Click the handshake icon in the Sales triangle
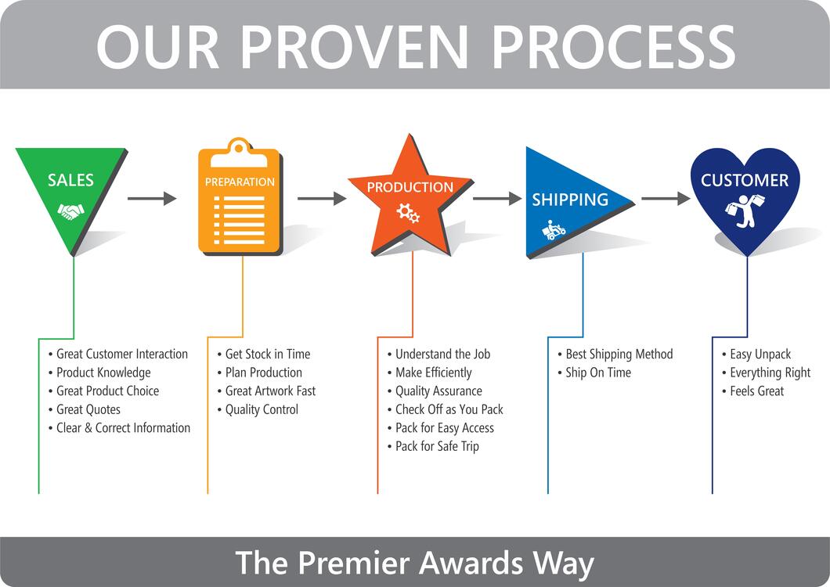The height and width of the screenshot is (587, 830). click(70, 211)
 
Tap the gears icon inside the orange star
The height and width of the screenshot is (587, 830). click(408, 211)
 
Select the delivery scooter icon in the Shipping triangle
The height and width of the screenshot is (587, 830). click(554, 230)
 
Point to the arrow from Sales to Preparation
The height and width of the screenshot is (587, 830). click(152, 199)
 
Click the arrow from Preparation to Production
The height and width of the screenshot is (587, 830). click(322, 199)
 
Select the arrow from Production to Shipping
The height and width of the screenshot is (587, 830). click(497, 199)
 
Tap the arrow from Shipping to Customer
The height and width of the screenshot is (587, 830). click(666, 199)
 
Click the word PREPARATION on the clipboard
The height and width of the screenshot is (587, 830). click(240, 182)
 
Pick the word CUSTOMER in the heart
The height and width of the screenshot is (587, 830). click(745, 180)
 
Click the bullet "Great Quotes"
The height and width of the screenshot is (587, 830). click(88, 409)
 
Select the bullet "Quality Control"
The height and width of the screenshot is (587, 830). click(262, 409)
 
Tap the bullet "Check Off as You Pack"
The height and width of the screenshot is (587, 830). click(449, 409)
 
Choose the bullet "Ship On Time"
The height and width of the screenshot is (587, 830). click(597, 373)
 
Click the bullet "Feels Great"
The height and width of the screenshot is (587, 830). click(756, 391)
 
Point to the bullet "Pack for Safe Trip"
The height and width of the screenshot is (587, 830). click(437, 446)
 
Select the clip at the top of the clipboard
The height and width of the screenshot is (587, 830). click(240, 148)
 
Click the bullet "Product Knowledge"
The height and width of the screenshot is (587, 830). click(103, 373)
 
